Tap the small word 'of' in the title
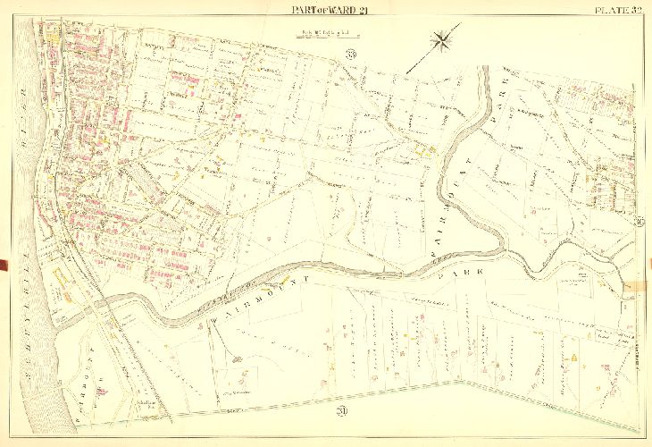pos(313,11)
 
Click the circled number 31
pos(641,222)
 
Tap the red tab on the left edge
pos(4,265)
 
